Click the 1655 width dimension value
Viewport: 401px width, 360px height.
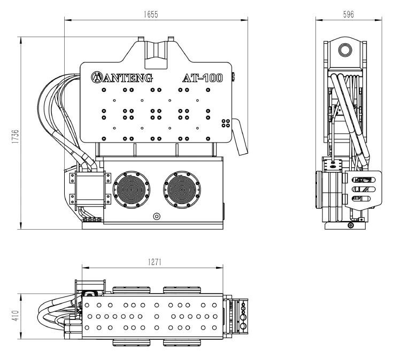pyautogui.click(x=155, y=13)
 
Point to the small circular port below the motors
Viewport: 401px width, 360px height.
pyautogui.click(x=156, y=216)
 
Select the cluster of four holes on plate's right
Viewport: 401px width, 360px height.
pyautogui.click(x=226, y=123)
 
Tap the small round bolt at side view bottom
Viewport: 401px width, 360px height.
pyautogui.click(x=350, y=225)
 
